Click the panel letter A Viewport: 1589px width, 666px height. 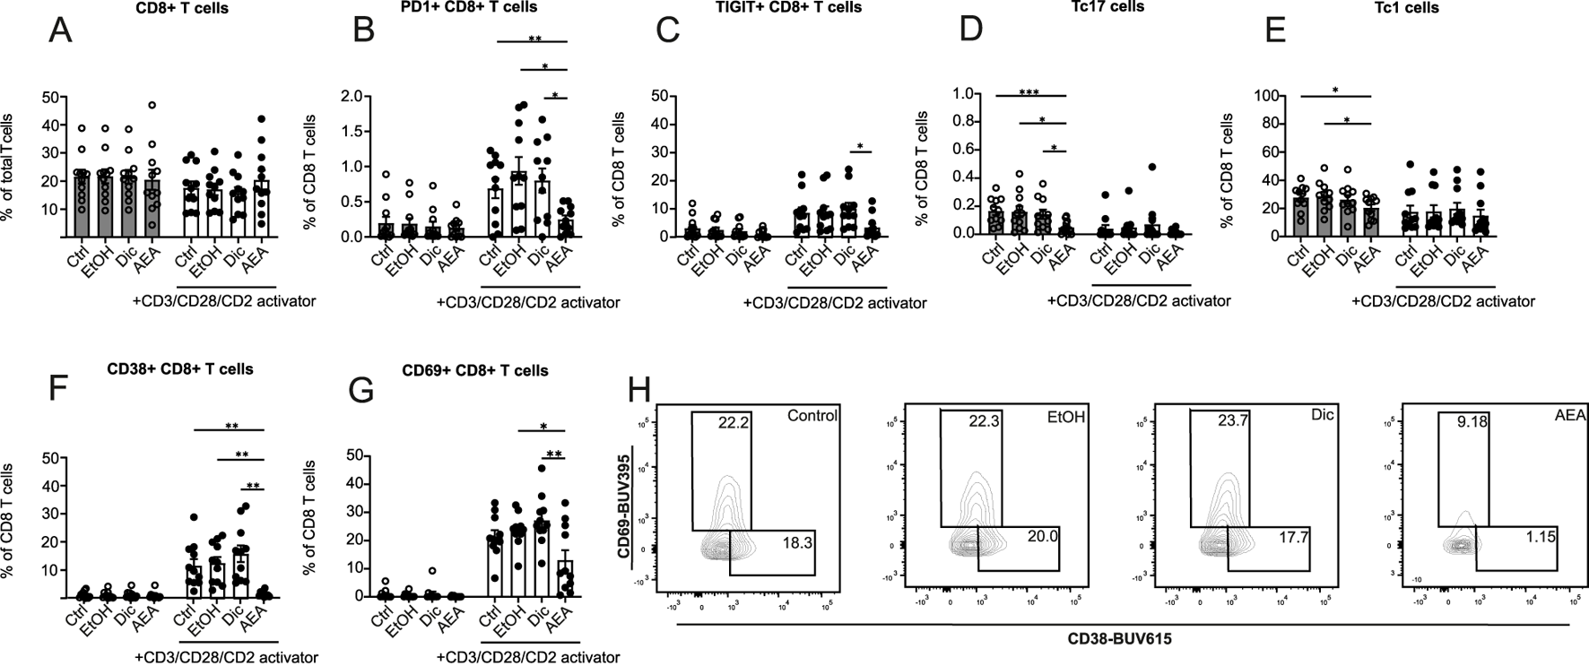tap(61, 30)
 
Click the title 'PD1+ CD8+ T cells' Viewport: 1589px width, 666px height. tap(470, 7)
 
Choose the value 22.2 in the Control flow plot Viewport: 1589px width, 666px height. tap(734, 423)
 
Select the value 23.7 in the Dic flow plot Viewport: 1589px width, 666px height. tap(1230, 421)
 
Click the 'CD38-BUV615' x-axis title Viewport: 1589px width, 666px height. tap(1119, 640)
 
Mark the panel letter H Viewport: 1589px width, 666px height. tap(638, 393)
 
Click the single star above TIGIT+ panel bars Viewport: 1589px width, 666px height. tap(860, 147)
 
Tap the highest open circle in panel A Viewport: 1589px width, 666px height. tap(152, 106)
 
